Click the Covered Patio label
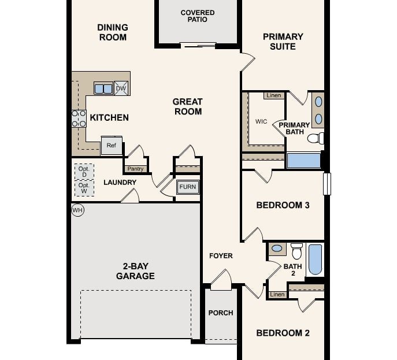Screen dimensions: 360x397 [198, 16]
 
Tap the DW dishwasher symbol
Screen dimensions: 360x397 [121, 88]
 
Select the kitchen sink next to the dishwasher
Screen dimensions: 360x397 [103, 88]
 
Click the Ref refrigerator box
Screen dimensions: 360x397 [112, 146]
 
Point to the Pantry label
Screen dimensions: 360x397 [135, 169]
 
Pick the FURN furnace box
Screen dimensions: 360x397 [188, 187]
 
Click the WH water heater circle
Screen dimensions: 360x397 [77, 210]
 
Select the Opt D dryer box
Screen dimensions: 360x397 [84, 172]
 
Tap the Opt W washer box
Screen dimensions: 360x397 [84, 188]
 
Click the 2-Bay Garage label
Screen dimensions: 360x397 [135, 271]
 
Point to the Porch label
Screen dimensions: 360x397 [221, 313]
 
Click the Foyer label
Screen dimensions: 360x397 [221, 255]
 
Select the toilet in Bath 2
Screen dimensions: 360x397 [297, 251]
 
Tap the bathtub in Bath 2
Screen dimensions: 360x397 [315, 259]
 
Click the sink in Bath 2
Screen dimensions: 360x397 [277, 248]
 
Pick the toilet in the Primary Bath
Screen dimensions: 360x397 [316, 138]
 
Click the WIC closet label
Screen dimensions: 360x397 [261, 121]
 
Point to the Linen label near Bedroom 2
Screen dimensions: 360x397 [277, 295]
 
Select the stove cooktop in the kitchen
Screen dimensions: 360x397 [79, 118]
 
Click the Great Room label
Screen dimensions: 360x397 [187, 106]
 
